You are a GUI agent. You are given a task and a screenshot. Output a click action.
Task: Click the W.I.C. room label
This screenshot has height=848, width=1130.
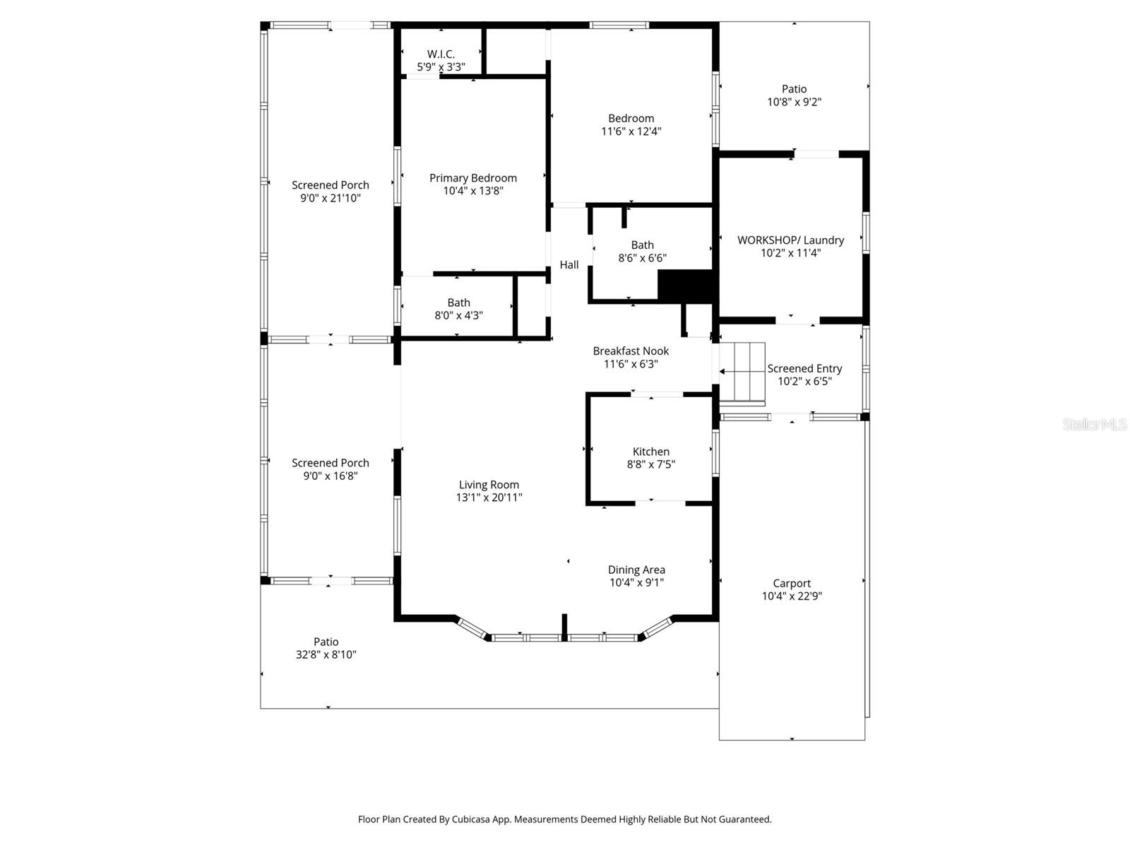[441, 54]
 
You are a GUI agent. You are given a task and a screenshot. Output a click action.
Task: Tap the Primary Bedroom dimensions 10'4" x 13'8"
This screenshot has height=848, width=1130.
[473, 191]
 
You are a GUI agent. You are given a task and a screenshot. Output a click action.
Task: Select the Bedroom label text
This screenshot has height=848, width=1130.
[631, 119]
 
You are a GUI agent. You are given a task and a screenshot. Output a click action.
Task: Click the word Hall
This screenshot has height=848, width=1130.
[569, 265]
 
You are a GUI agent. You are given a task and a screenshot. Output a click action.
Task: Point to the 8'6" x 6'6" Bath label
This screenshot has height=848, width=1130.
[642, 252]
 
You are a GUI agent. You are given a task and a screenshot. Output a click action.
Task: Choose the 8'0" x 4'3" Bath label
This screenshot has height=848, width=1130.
[458, 309]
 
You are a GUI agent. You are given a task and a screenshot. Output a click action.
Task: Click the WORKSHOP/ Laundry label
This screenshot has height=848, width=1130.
[790, 240]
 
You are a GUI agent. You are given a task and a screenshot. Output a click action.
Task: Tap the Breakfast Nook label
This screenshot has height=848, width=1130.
[631, 351]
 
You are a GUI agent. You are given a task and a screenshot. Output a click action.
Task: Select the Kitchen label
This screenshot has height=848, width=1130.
[650, 452]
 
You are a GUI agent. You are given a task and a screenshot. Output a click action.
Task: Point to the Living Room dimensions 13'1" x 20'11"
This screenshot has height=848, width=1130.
[489, 497]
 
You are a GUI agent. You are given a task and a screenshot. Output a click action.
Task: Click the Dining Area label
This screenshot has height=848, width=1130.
[636, 570]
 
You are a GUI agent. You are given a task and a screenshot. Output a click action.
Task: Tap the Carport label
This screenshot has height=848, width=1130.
[791, 583]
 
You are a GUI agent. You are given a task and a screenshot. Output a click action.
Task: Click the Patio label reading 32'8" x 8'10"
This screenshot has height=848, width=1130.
[326, 648]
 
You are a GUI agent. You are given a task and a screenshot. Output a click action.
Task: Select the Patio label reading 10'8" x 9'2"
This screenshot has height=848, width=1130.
[794, 95]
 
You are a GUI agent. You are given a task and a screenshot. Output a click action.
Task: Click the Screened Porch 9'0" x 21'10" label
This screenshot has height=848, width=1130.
[330, 192]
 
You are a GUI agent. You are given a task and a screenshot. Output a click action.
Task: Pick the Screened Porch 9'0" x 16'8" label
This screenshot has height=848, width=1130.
[330, 469]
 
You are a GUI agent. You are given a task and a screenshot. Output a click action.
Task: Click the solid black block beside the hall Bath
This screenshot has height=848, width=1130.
[685, 285]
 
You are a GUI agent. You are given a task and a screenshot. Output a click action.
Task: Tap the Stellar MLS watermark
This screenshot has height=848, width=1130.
[1094, 425]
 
